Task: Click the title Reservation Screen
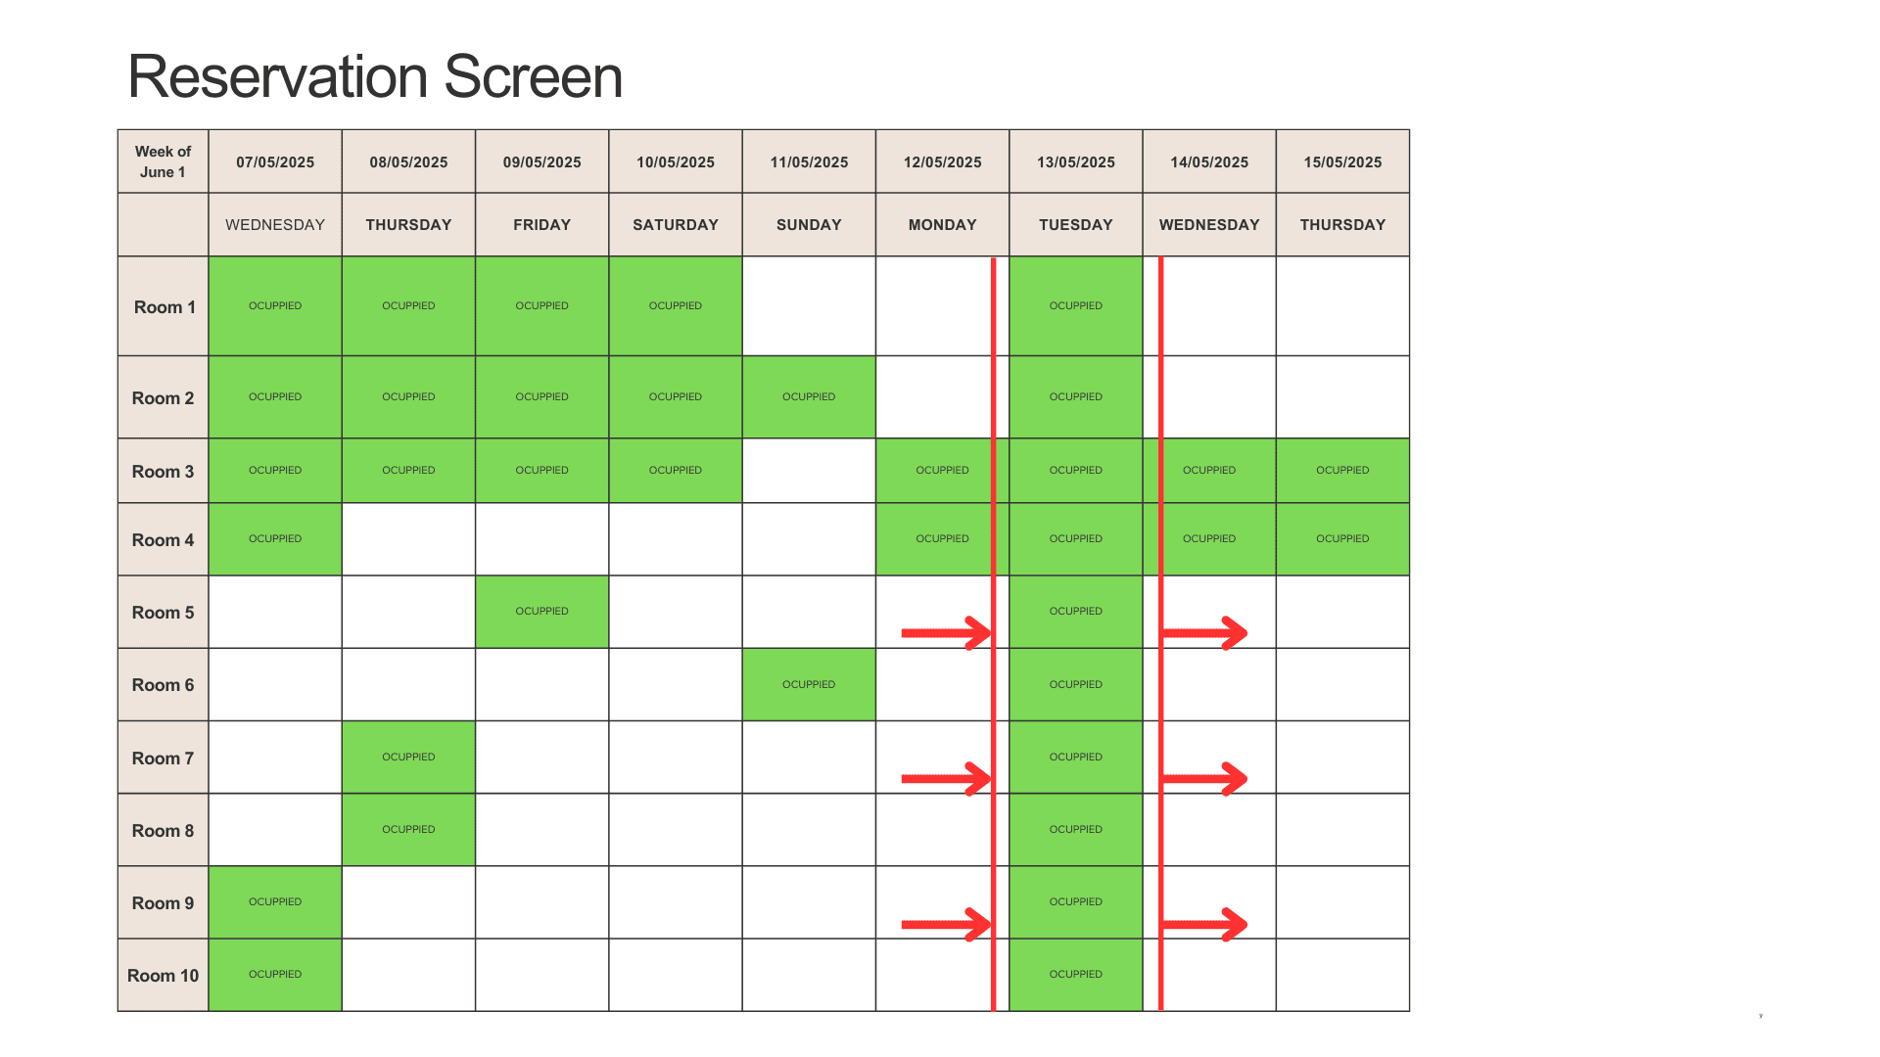pyautogui.click(x=375, y=76)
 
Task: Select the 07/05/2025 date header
pyautogui.click(x=275, y=161)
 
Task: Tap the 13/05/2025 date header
pyautogui.click(x=1075, y=161)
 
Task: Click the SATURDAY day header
pyautogui.click(x=675, y=224)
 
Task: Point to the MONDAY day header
pyautogui.click(x=942, y=224)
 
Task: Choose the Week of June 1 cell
pyautogui.click(x=163, y=161)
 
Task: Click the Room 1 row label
pyautogui.click(x=164, y=306)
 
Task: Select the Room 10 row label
pyautogui.click(x=163, y=975)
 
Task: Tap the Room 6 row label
pyautogui.click(x=163, y=684)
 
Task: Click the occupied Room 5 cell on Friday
pyautogui.click(x=541, y=612)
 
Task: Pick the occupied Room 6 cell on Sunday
pyautogui.click(x=809, y=684)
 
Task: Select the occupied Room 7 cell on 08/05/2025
pyautogui.click(x=408, y=757)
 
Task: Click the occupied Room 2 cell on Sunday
pyautogui.click(x=809, y=396)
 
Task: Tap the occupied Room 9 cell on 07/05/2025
pyautogui.click(x=275, y=901)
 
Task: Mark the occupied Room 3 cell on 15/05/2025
pyautogui.click(x=1342, y=470)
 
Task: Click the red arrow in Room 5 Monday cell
pyautogui.click(x=946, y=633)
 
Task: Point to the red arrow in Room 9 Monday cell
pyautogui.click(x=946, y=924)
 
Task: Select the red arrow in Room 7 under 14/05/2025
pyautogui.click(x=1204, y=779)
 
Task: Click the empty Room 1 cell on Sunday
pyautogui.click(x=809, y=305)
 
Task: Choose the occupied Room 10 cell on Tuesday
pyautogui.click(x=1075, y=974)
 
